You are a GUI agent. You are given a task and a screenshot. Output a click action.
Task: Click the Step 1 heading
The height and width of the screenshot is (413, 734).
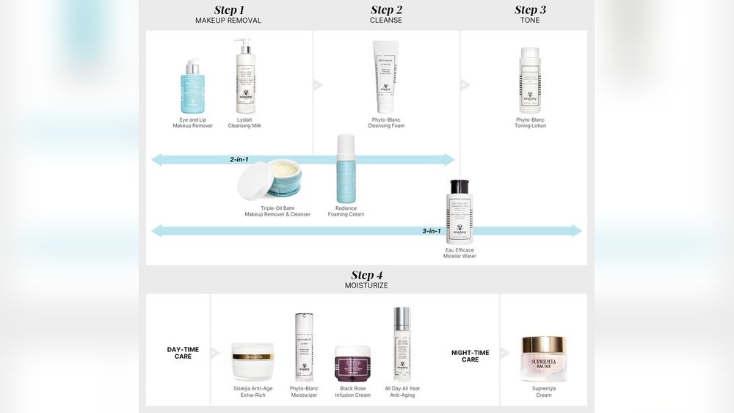tap(228, 10)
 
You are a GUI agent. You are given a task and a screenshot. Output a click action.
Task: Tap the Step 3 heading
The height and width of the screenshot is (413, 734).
tap(530, 10)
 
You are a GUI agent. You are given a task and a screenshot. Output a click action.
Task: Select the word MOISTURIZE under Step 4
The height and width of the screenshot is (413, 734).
tap(367, 285)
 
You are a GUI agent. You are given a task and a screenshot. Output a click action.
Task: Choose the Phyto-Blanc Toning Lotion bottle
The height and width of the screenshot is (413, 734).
tap(530, 81)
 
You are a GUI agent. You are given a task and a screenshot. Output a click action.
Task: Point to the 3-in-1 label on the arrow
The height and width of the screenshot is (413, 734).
tap(432, 231)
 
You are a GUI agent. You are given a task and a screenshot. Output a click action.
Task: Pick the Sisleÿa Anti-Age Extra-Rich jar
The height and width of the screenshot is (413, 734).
tap(252, 362)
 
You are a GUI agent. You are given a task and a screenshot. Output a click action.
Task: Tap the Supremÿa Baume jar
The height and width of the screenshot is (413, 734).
tap(544, 358)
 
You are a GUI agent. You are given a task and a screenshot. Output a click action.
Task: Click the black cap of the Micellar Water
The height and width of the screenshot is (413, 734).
tap(459, 186)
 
